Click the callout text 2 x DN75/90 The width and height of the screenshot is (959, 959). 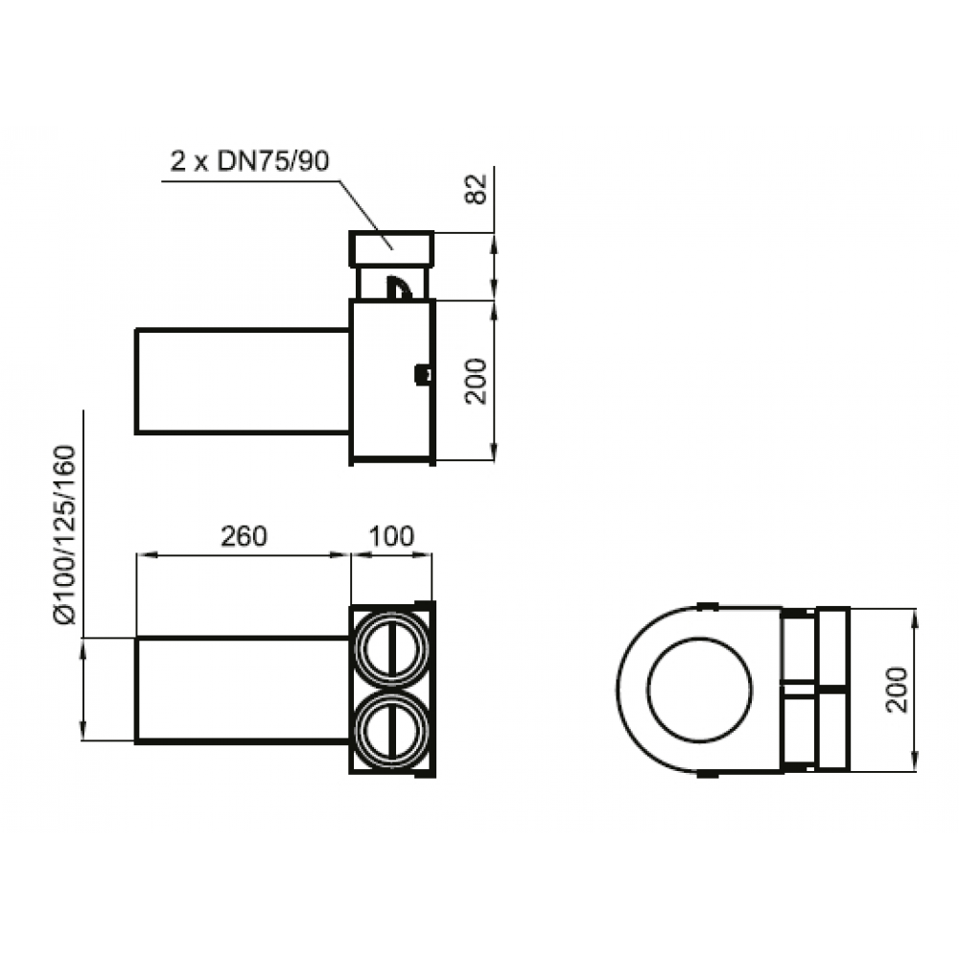(x=249, y=161)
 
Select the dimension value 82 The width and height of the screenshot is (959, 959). (x=477, y=188)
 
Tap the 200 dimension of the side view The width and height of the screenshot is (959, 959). (x=477, y=381)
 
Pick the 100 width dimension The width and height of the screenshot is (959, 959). (x=391, y=535)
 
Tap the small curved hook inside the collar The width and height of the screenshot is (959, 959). (x=400, y=286)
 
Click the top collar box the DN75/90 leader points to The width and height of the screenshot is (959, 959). (x=392, y=249)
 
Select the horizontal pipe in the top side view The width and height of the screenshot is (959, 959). (x=242, y=381)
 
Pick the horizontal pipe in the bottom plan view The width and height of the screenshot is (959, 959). (x=242, y=690)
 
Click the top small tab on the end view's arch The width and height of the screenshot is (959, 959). (x=707, y=606)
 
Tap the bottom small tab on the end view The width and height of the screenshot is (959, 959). (x=707, y=773)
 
